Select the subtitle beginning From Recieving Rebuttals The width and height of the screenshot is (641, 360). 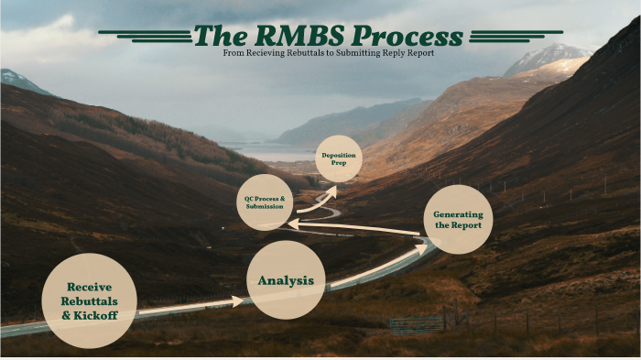point(328,53)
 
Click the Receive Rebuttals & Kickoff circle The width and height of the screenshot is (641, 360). point(89,300)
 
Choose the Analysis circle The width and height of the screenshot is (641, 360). point(287,280)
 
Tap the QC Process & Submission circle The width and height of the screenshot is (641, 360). point(265,202)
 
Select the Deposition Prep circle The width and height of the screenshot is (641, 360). point(338,158)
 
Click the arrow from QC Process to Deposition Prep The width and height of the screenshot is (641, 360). point(317,201)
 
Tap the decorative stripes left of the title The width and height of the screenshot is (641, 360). point(147,36)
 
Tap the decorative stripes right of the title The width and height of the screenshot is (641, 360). point(503,36)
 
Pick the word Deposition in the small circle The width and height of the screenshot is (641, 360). point(338,154)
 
